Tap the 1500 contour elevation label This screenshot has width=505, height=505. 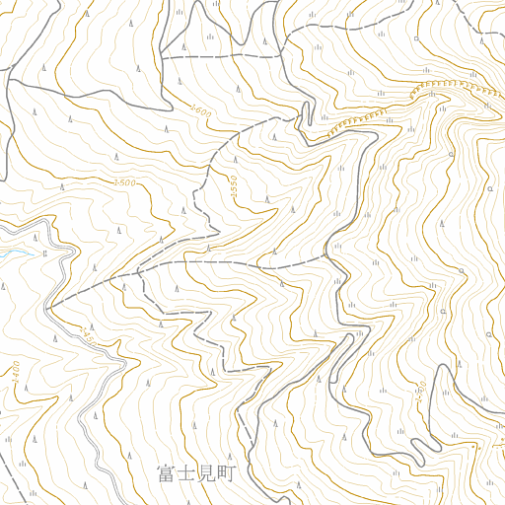pos(124,182)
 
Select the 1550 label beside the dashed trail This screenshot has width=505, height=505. pos(234,185)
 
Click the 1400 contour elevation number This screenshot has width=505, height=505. pos(17,373)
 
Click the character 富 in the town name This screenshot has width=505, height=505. pos(166,474)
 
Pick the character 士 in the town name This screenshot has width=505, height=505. pos(186,474)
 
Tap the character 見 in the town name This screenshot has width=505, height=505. pos(207,474)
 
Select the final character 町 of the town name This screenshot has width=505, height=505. pos(228,474)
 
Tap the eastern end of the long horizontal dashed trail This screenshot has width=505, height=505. pos(325,256)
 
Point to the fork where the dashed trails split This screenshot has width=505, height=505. pos(139,270)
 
